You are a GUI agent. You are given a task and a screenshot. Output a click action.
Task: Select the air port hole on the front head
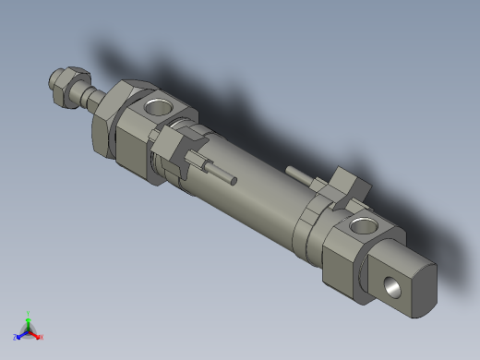pos(158,106)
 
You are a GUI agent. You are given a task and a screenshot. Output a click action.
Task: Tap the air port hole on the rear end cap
pos(362,224)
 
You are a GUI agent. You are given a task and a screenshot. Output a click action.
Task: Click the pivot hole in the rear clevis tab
pos(392,288)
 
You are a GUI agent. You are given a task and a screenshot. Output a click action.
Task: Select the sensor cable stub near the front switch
pos(222,173)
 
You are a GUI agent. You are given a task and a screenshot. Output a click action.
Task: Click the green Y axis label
pos(29,313)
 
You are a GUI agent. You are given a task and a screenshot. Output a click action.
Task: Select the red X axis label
pos(41,337)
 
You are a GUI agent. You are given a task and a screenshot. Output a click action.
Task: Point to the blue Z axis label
pos(16,338)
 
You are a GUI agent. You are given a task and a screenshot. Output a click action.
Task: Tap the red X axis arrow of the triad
pos(35,333)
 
